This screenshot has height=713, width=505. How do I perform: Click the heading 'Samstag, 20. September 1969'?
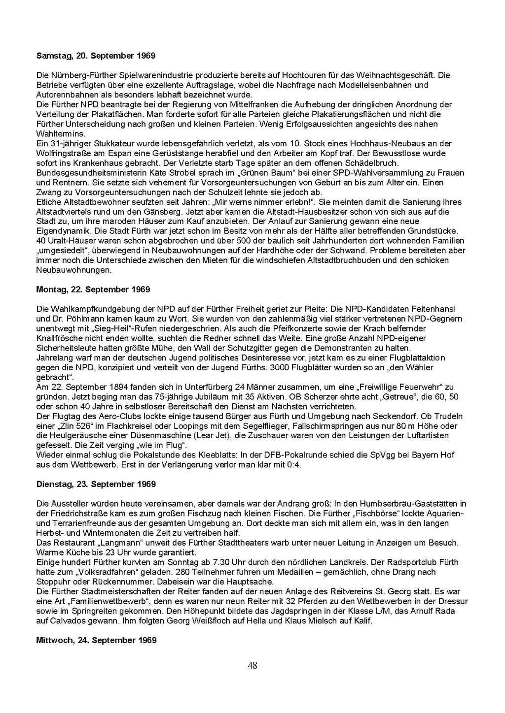point(96,56)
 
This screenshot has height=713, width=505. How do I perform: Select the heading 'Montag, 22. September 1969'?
point(93,290)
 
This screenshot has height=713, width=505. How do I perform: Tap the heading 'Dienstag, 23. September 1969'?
point(96,484)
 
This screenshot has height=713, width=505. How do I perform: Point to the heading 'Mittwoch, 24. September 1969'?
point(96,640)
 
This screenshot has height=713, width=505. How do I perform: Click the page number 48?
point(252,666)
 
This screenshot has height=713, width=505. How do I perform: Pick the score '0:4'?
point(293,464)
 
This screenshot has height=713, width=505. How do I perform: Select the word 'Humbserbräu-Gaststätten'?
point(413,504)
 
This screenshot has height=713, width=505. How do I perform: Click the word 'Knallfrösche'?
point(60,338)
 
